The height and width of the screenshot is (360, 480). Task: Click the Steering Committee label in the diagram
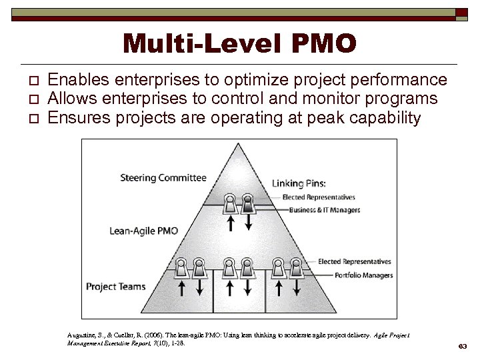coord(163,178)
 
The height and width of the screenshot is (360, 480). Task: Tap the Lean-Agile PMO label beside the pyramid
coord(144,231)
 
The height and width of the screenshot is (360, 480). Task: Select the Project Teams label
coord(115,287)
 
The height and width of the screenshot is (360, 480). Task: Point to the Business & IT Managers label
coord(325,210)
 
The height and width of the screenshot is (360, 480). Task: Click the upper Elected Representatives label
coord(319,197)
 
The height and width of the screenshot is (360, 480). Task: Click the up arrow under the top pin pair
coord(231,223)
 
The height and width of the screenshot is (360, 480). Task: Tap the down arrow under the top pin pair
coord(247,223)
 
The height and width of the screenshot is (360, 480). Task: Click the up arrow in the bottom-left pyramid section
coord(181,287)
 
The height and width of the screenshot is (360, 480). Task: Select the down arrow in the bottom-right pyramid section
coord(297,287)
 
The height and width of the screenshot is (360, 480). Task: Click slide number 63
coord(461,346)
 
